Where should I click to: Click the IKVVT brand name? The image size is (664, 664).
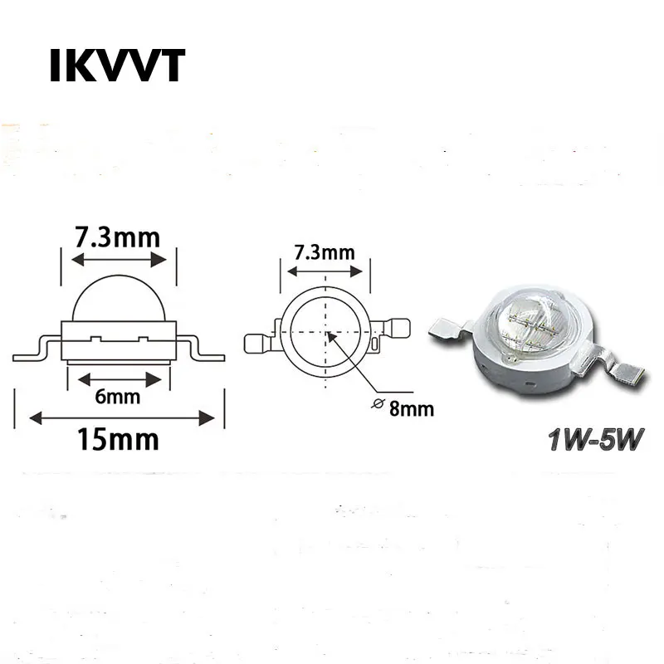117,66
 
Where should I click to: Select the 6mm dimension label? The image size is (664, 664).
117,397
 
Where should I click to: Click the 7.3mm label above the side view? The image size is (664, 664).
118,237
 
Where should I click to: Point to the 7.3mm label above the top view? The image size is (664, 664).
325,253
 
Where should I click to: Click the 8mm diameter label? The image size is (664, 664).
412,409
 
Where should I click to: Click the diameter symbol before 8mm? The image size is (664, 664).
378,403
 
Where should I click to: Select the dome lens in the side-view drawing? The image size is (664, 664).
119,299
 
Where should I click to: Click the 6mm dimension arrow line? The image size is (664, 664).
120,380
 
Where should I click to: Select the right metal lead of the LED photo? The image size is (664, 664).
610,364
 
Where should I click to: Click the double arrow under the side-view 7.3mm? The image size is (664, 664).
119,260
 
